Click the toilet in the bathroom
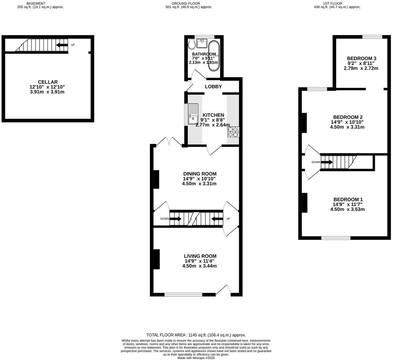point(192,44)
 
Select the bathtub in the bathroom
point(213,56)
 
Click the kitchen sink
point(193,114)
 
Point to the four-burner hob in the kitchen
point(233,132)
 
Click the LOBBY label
point(213,87)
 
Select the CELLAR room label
point(48,82)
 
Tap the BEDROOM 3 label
point(361,58)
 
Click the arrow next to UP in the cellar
point(62,45)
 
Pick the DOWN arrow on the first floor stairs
point(327,162)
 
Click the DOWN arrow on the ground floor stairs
point(175,218)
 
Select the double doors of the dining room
point(169,142)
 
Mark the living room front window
point(183,294)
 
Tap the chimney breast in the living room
point(156,259)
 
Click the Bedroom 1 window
point(336,238)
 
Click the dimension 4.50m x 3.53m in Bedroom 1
point(348,209)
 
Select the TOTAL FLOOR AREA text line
point(196,335)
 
